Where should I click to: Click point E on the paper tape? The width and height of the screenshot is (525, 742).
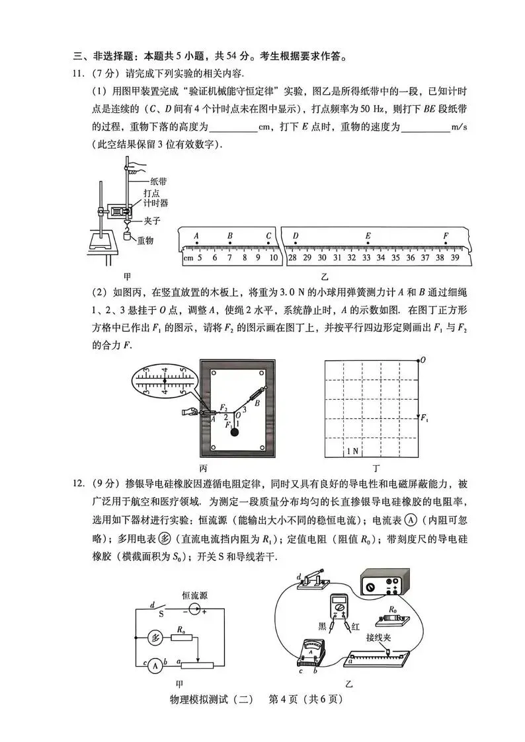[x=368, y=236]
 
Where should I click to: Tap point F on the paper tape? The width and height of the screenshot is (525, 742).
[x=446, y=236]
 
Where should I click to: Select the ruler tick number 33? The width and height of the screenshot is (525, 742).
[x=366, y=258]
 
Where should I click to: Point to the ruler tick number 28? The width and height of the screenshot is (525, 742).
[x=292, y=258]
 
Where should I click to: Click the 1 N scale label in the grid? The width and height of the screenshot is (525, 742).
[x=354, y=451]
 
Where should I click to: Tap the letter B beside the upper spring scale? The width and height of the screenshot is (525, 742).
[x=257, y=402]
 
